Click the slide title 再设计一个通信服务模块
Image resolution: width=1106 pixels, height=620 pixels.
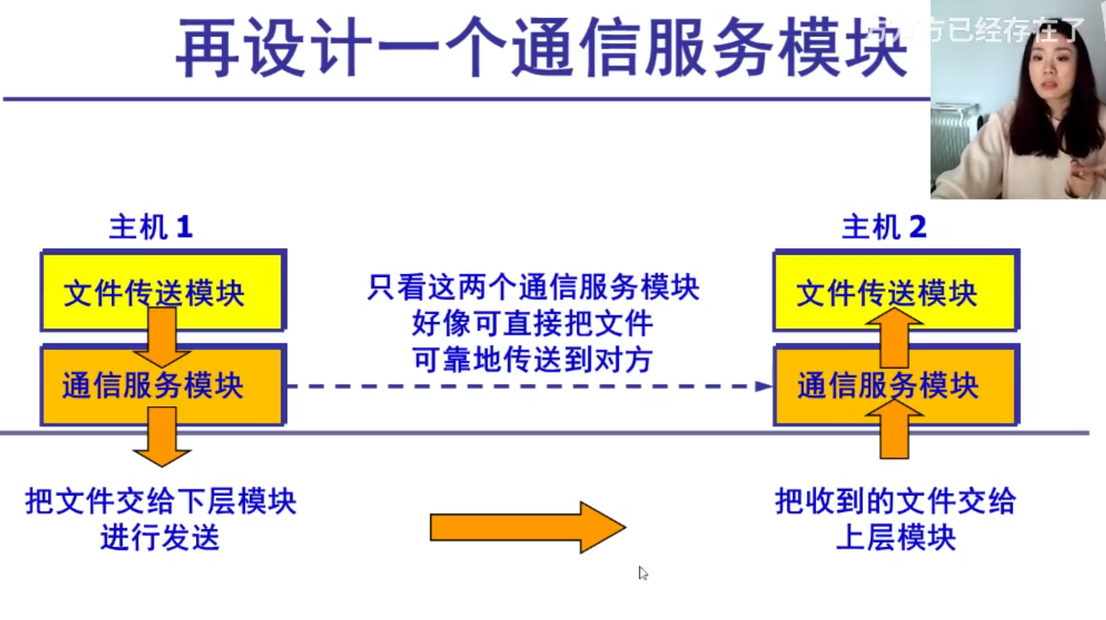pos(542,49)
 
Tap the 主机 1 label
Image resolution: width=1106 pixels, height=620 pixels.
pos(151,227)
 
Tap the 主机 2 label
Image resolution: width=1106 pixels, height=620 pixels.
pos(884,227)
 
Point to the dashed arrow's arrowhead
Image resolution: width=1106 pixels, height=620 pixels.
pos(763,386)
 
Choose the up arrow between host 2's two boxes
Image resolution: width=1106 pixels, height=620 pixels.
pos(894,338)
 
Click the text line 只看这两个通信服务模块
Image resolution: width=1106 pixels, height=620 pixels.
pos(533,287)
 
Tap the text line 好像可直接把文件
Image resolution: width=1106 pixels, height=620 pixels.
pos(533,324)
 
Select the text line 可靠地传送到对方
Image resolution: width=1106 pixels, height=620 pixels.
pos(533,360)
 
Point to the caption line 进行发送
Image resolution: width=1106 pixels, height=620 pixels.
pos(160,538)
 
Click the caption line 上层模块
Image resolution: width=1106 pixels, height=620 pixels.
pos(895,538)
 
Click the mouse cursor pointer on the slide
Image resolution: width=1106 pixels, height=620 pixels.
pos(642,572)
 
